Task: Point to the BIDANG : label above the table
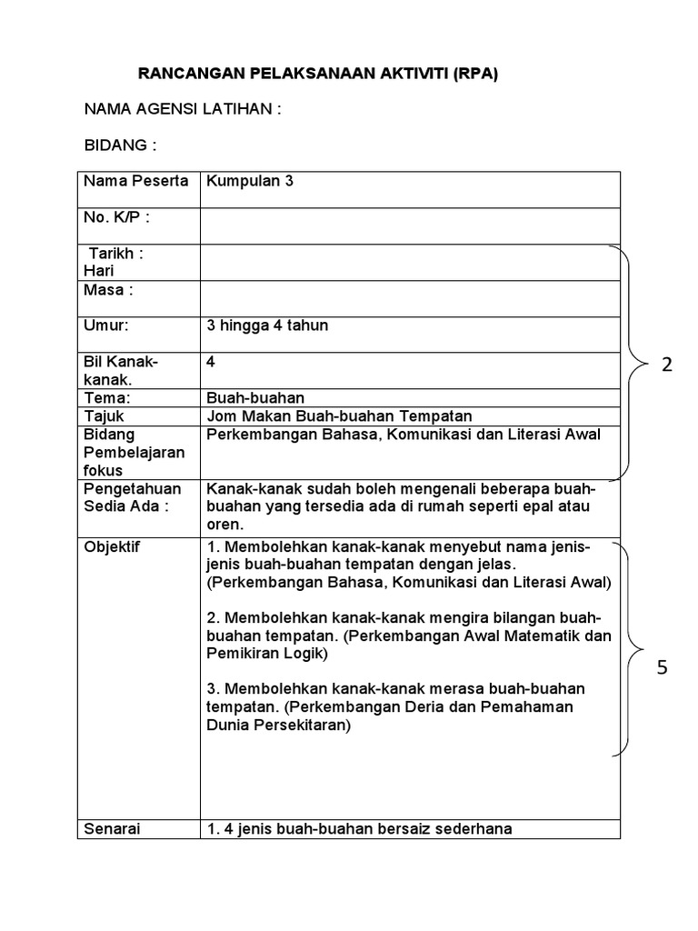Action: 120,145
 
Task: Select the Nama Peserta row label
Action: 135,181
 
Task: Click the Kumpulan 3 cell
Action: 250,181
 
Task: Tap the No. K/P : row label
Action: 116,217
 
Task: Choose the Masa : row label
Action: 108,290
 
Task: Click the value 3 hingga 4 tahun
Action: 267,325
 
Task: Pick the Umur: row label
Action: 106,325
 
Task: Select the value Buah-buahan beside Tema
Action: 255,398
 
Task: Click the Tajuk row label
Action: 103,416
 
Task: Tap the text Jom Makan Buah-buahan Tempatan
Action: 339,416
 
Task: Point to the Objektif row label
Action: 113,547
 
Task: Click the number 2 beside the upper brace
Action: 667,365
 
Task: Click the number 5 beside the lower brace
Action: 663,668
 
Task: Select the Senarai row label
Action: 113,828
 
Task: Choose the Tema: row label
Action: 107,398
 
